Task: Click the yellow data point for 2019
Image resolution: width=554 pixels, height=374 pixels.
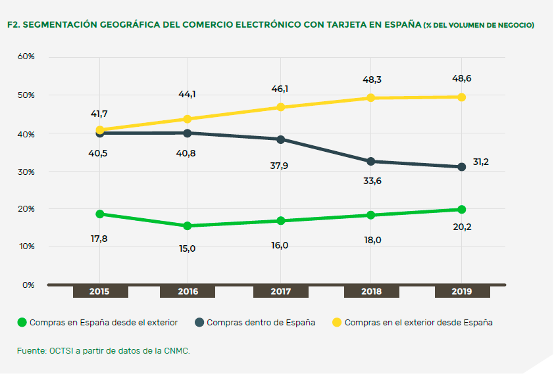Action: pos(461,97)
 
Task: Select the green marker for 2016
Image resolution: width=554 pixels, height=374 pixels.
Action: pos(188,226)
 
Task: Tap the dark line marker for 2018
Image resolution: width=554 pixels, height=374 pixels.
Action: pos(371,162)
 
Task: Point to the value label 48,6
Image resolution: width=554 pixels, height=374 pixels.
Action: pos(461,78)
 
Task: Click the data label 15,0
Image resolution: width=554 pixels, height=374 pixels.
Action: pos(188,248)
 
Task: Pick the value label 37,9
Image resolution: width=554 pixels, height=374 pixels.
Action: pos(279,166)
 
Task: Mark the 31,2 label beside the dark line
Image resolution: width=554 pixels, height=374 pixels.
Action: pos(480,162)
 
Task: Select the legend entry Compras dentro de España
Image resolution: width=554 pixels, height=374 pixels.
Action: pos(261,323)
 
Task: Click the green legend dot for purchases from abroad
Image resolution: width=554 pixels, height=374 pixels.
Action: pos(22,323)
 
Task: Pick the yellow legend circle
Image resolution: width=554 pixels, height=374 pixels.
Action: pos(337,323)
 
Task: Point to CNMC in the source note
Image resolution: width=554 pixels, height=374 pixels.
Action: pos(178,351)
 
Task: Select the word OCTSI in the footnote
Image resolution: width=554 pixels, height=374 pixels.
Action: pos(61,351)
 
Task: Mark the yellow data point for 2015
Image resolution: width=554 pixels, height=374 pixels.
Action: pos(100,130)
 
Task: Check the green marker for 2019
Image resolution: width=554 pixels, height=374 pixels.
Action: pos(461,210)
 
